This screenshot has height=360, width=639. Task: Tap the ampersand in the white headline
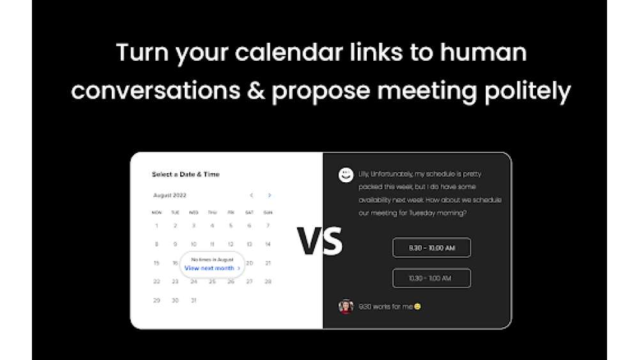coord(255,91)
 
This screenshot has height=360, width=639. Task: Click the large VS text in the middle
coord(319,241)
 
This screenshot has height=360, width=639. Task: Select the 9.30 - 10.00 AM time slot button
coord(431,247)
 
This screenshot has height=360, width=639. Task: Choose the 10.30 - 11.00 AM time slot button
coord(431,278)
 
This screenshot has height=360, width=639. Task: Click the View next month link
coord(210,269)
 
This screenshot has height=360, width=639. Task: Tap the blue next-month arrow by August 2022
coord(270,195)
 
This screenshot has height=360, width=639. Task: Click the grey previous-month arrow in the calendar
coord(251,195)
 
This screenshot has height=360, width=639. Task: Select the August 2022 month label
coord(170,195)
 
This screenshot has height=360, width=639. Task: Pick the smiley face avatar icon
coord(346,175)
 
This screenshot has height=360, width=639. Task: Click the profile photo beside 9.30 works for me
coord(346,306)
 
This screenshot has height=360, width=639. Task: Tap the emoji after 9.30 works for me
coord(418,307)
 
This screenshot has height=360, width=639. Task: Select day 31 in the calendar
coord(194,300)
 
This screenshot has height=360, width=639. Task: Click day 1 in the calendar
coord(157,226)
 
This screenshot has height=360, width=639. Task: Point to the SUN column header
coord(268,212)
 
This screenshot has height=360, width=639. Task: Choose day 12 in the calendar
coord(231,244)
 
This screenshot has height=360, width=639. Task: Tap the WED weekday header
coord(194,212)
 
